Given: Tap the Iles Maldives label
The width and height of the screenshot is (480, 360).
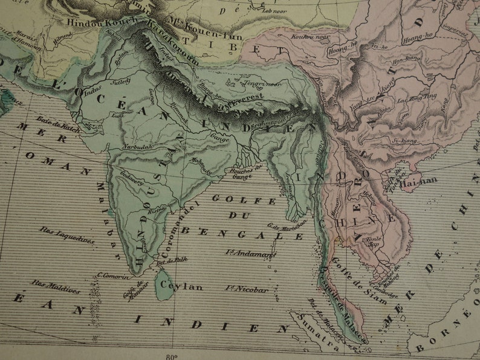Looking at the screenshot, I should [56, 286].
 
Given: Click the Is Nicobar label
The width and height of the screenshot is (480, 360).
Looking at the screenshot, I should [246, 289].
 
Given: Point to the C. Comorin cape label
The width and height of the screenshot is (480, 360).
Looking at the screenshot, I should [111, 277].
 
